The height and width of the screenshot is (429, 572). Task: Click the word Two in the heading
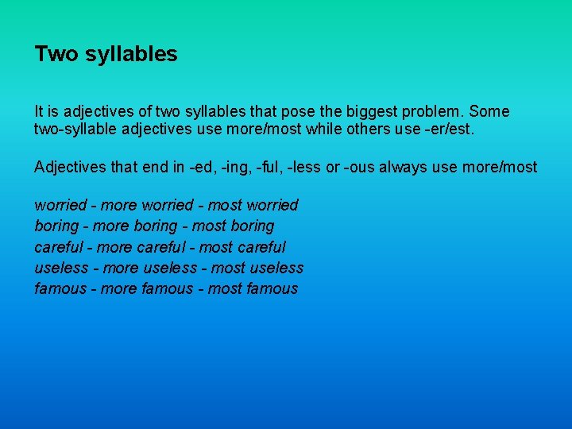tap(55, 54)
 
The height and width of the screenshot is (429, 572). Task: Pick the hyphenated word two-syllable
tap(74, 129)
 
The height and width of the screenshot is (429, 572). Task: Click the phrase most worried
tap(253, 205)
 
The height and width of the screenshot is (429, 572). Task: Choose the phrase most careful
tap(242, 247)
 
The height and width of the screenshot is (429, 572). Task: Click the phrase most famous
tap(253, 288)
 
